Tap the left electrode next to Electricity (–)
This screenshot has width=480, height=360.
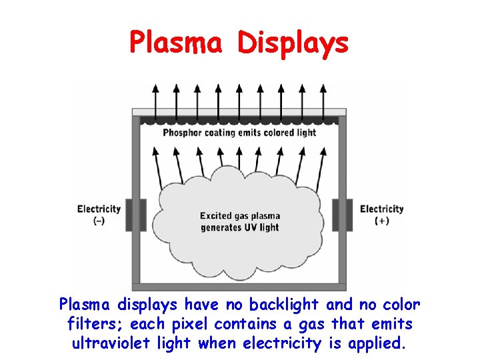point(139,214)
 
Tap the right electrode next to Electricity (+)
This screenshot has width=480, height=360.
point(340,214)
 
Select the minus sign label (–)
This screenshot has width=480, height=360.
point(99,221)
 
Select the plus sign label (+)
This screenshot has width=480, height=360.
point(382,221)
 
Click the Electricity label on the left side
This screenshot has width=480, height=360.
point(99,209)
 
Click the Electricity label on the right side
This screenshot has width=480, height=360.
point(382,209)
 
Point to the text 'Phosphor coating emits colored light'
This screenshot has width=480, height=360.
point(239,133)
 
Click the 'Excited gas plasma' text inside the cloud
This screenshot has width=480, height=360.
point(240,216)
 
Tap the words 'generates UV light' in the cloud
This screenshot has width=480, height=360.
point(240,227)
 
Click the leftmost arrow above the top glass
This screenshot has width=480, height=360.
point(156,93)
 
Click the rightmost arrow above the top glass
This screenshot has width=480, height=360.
point(323,93)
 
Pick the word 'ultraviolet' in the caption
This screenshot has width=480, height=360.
point(107,344)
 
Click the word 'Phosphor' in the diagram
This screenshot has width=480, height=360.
point(186,133)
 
